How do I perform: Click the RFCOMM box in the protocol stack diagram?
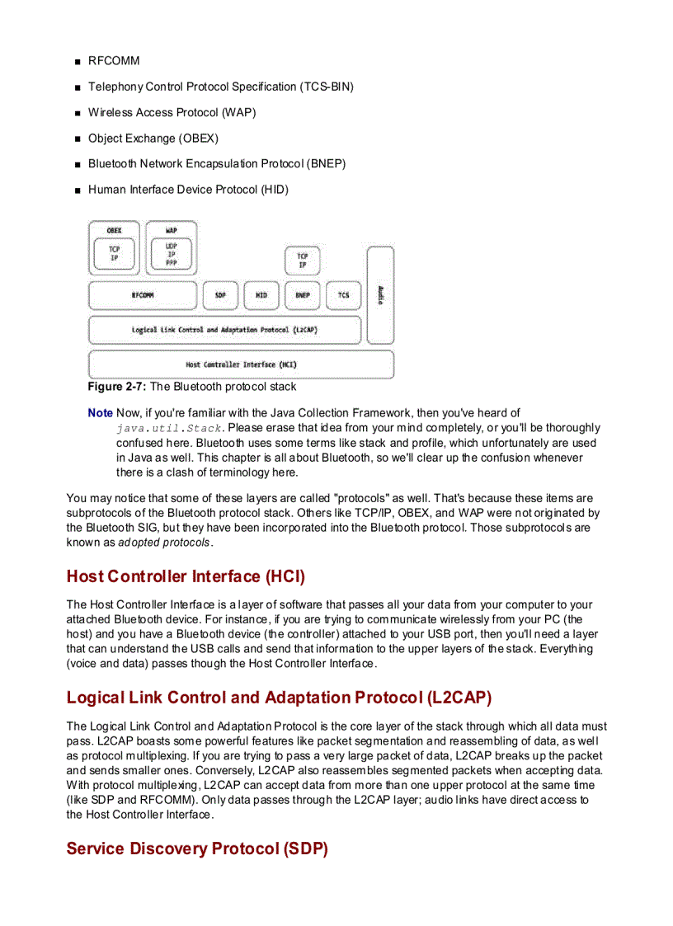coord(143,295)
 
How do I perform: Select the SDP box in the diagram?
coord(220,295)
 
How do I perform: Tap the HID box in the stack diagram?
coord(261,295)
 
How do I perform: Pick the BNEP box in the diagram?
coord(302,295)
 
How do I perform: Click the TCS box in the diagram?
coord(343,295)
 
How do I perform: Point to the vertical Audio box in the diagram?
coord(380,294)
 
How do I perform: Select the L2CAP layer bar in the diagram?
coord(224,330)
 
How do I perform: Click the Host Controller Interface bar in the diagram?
coord(241,364)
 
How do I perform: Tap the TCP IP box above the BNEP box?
coord(303,261)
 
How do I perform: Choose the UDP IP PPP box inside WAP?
coord(171,254)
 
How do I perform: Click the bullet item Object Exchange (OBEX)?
coord(153,139)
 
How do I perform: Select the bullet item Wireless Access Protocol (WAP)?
coord(172,112)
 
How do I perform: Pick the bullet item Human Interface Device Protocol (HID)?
coord(188,190)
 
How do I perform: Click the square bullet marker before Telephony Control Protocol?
coord(76,87)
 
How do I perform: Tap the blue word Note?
coord(100,413)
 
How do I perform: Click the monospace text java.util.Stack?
coord(169,428)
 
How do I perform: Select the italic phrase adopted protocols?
coord(164,543)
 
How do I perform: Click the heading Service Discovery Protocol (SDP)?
coord(197,848)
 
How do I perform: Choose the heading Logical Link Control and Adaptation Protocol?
coord(279,698)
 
